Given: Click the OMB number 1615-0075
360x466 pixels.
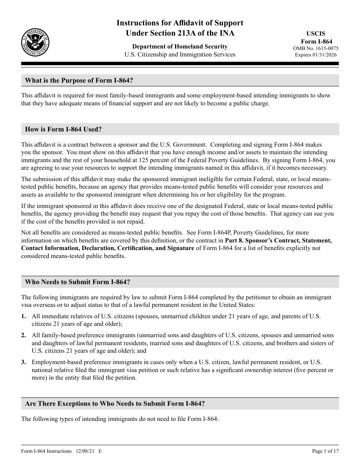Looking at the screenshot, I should click(316, 48).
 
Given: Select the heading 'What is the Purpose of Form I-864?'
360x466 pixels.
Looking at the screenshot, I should click(79, 80).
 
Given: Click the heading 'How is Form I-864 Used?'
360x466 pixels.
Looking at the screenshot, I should click(63, 129).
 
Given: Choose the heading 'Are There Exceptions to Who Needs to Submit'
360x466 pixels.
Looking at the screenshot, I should click(115, 403).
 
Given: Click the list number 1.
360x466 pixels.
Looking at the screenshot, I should click(23, 316).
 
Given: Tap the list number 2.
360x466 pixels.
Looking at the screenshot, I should click(23, 335).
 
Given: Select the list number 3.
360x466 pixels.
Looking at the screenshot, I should click(23, 362).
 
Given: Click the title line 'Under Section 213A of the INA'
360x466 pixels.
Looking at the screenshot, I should click(180, 33).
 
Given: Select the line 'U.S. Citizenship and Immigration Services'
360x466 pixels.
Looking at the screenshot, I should click(180, 54).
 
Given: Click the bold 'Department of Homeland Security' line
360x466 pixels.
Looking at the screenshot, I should click(180, 46).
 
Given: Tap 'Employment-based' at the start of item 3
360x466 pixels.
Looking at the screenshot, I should click(55, 362).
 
